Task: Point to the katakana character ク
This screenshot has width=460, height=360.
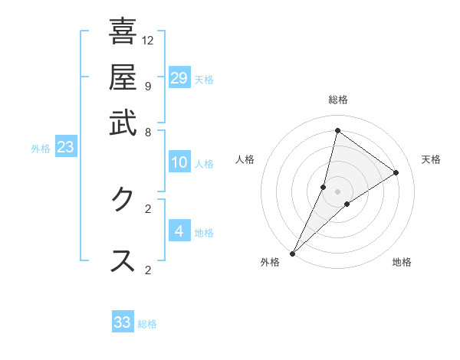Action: [123, 200]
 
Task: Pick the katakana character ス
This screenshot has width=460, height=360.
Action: [123, 261]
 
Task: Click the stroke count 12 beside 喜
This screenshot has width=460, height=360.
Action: [148, 40]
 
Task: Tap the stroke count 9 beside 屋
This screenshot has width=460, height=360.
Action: [147, 86]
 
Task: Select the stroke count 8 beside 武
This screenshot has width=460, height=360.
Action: [147, 132]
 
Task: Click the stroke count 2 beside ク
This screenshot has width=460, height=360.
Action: [147, 208]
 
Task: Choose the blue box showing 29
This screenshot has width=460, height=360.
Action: [179, 78]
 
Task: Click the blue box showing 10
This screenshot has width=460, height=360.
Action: [179, 162]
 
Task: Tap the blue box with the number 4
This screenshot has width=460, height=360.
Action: [179, 231]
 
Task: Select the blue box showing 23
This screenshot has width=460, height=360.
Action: [65, 148]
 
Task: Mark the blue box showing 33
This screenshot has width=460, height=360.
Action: [123, 322]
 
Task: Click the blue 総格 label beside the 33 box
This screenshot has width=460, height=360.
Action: [147, 324]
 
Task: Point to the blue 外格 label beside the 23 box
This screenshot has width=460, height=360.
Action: [41, 149]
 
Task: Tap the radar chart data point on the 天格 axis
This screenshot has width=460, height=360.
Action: [396, 172]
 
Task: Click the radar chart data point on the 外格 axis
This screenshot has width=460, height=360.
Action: [292, 253]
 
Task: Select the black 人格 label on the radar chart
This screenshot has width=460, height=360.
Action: [245, 159]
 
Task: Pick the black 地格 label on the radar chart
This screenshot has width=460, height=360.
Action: [402, 263]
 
